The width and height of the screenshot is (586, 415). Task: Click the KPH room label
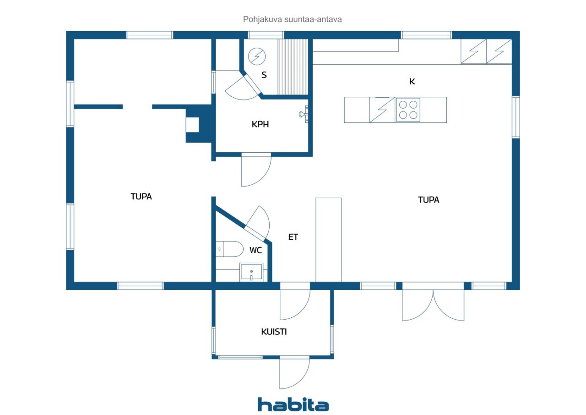[260, 124]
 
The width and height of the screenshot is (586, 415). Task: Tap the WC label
[255, 250]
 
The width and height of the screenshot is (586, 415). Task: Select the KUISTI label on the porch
[274, 332]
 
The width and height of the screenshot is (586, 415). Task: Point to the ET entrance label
[293, 237]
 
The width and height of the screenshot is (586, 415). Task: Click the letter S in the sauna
[264, 75]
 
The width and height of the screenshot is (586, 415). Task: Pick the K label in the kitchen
[412, 82]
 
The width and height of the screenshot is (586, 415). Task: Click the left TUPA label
[141, 197]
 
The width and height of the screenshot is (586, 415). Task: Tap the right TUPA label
[429, 200]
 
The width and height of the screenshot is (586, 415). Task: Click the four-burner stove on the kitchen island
[408, 110]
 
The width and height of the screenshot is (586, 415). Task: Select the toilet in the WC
[229, 249]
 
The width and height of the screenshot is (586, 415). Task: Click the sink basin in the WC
[251, 272]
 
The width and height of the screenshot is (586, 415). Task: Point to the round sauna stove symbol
[257, 56]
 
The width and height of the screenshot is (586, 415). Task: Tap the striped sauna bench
[293, 67]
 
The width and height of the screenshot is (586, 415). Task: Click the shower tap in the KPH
[304, 114]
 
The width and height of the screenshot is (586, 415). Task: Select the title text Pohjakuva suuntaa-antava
[292, 19]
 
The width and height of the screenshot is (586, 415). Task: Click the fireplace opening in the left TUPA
[192, 125]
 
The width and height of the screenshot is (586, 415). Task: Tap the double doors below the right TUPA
[433, 301]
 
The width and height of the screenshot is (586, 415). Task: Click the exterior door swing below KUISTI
[294, 372]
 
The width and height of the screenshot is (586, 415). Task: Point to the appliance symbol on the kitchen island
[382, 110]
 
